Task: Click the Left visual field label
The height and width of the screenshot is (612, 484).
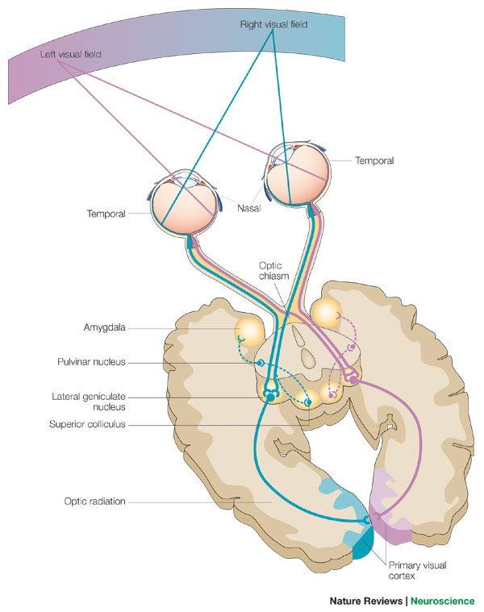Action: pos(71,54)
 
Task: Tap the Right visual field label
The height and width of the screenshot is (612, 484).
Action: pos(273,24)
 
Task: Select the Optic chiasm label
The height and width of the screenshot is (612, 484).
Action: pos(273,270)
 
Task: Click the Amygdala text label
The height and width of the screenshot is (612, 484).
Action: pos(104,327)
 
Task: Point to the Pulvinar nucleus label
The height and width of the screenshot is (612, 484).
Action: pos(91,362)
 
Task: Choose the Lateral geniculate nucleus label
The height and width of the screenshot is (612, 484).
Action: pos(89,402)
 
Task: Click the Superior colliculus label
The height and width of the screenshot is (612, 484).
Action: pos(87,424)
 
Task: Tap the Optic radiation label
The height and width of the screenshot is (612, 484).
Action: pos(94,502)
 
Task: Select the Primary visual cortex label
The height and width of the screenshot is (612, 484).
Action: pos(417,570)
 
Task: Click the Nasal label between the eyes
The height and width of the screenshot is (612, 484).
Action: pos(248,208)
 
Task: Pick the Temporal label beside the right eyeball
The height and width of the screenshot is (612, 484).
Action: pos(374,160)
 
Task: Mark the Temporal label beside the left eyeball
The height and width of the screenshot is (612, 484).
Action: pos(106,214)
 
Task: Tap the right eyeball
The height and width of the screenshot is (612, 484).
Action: pos(298,173)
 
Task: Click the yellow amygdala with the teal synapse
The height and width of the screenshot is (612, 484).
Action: pos(250,331)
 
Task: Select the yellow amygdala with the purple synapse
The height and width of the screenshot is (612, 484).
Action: pos(327,313)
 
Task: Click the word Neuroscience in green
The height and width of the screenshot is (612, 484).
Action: pos(443,601)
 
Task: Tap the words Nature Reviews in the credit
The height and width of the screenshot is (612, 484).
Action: pos(365,601)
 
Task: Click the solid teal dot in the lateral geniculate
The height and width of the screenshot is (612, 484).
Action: pos(270,398)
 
